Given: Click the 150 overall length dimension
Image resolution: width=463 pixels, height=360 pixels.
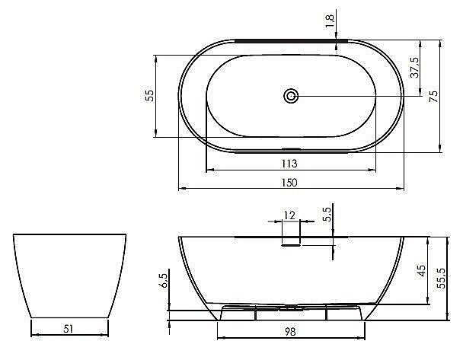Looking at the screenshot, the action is coord(289,183).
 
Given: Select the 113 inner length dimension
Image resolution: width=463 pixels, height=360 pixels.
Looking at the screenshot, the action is coord(289,163).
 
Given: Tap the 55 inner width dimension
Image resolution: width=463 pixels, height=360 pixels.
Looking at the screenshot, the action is coord(150,96).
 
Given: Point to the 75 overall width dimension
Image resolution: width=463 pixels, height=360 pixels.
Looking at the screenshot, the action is coord(433,96).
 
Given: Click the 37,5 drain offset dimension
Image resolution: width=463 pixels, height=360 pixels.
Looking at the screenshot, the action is coord(414,67).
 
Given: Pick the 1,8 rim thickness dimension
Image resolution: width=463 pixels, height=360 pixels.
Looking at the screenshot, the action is coord(330,21).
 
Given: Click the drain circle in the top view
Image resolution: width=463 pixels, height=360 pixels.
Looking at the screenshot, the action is coord(291,96).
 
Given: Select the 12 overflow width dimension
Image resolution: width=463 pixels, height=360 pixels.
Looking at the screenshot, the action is coord(289,215).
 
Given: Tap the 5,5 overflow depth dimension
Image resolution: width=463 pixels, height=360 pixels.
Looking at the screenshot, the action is coord(327,214).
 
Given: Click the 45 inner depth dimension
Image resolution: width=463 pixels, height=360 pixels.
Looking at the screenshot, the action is coord(422,270).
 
